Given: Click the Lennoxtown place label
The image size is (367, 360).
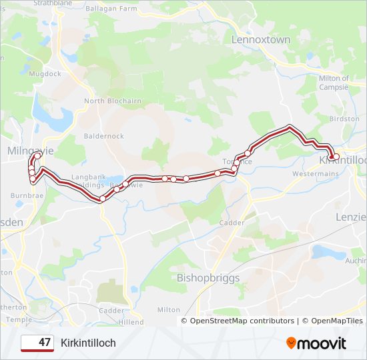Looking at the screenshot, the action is pyautogui.click(x=261, y=40).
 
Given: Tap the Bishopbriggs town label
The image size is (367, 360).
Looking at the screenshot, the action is pyautogui.click(x=208, y=277).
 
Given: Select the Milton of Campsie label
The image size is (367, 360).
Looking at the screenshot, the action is pyautogui.click(x=334, y=83).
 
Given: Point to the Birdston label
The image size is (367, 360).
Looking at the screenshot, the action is pyautogui.click(x=345, y=119).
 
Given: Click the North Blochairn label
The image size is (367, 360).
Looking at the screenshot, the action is pyautogui.click(x=112, y=101).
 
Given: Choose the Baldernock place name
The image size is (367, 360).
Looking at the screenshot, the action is pyautogui.click(x=103, y=136).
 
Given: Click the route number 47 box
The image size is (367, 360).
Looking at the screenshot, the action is pyautogui.click(x=37, y=343).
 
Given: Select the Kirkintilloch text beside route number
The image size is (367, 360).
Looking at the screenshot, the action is pyautogui.click(x=88, y=343).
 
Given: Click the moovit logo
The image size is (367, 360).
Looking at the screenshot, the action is pyautogui.click(x=316, y=343).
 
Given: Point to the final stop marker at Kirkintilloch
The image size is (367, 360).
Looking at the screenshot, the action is pyautogui.click(x=336, y=157).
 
